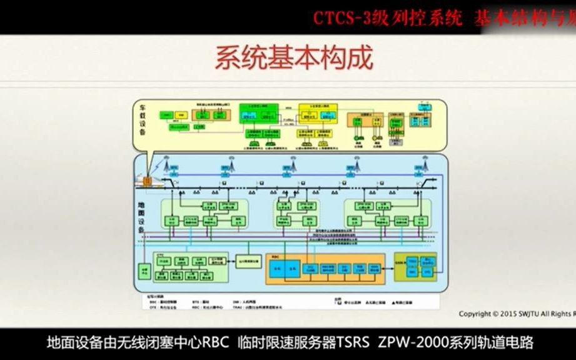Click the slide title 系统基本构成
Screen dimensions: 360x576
point(294,58)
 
